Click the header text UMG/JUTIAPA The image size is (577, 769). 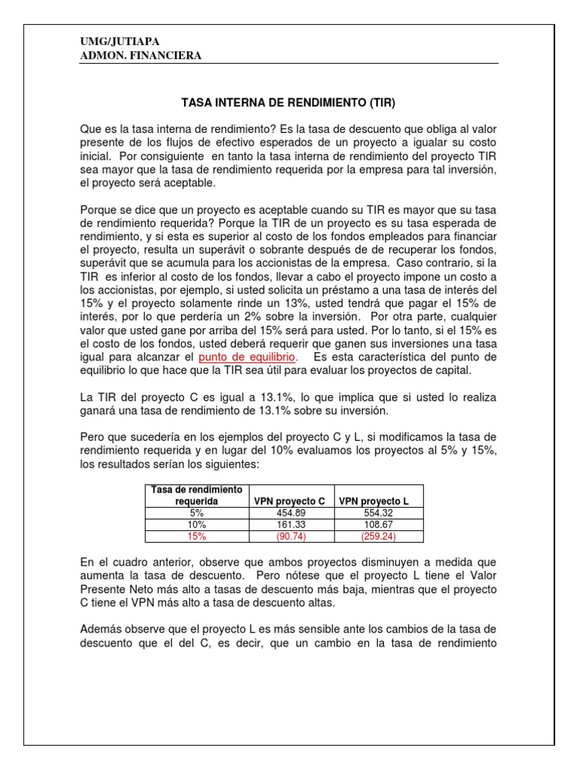pos(119,42)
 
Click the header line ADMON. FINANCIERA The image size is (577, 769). pos(140,56)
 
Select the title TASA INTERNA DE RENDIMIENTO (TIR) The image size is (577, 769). pos(289,101)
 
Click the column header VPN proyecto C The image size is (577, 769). pos(289,500)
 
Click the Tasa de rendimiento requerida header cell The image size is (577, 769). pos(192,495)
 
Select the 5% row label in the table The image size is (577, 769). pos(192,512)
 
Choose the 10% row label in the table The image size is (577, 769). pos(192,524)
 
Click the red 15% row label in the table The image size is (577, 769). pos(192,536)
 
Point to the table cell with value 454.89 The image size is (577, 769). pos(289,512)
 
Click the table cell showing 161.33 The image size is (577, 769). pos(289,524)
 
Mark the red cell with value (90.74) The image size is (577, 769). pos(289,536)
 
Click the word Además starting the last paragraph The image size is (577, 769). pos(103,629)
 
